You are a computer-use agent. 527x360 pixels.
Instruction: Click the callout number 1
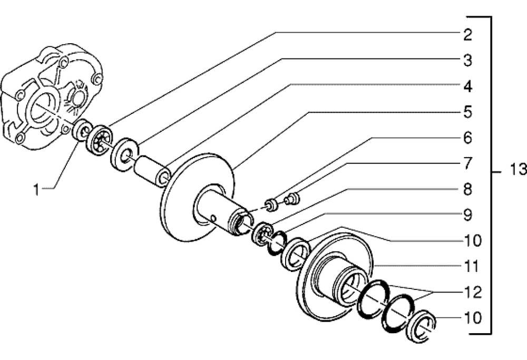click(x=36, y=190)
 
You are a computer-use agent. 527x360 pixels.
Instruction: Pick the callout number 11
click(x=471, y=267)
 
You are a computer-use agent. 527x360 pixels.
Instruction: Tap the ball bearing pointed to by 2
click(x=100, y=140)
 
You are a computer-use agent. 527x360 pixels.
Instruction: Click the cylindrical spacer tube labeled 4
click(x=152, y=170)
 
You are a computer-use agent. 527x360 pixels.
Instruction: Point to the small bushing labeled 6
click(x=271, y=205)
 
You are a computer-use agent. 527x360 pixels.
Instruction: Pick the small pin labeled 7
click(x=292, y=198)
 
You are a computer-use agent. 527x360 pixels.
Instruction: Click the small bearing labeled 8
click(x=263, y=233)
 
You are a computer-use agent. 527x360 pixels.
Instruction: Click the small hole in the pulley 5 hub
click(x=213, y=219)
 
